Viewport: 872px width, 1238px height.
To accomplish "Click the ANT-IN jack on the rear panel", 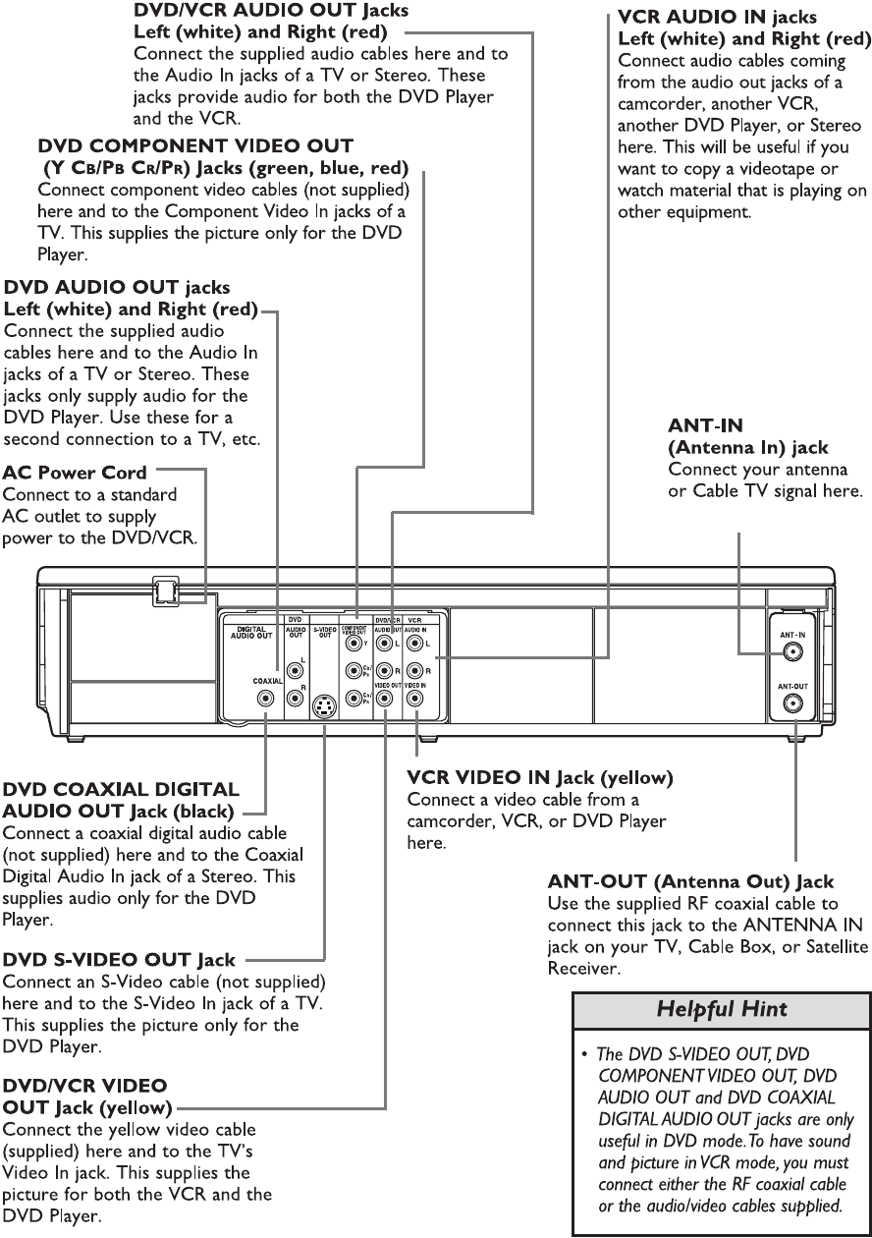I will click(792, 652).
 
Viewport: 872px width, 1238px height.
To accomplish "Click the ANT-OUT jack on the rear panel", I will click(792, 703).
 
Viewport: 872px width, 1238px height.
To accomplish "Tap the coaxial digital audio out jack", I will click(265, 699).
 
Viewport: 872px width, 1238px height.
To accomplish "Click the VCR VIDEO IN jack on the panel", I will click(416, 700).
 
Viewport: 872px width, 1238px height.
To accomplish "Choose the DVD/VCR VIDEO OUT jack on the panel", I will click(386, 700).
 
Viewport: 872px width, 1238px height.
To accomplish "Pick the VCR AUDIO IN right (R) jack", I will click(416, 672).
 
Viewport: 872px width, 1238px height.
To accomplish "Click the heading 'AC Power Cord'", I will click(75, 473).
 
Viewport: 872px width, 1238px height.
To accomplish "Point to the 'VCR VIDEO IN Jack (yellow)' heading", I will click(539, 778).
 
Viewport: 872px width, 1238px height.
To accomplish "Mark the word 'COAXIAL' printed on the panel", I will click(267, 680).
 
